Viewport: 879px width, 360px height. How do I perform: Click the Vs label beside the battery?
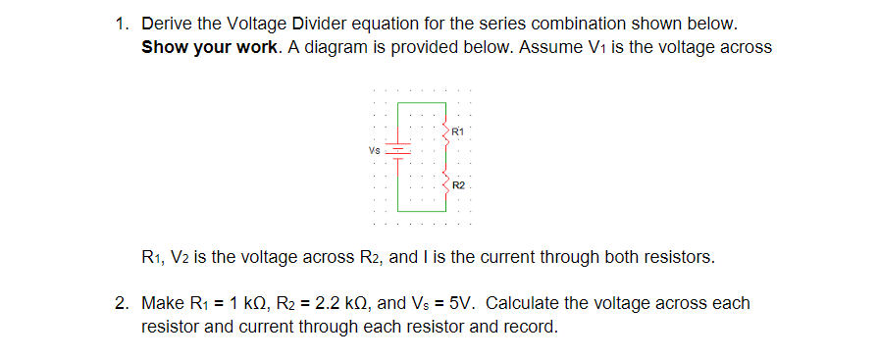[x=374, y=151]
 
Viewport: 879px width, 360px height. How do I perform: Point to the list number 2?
[x=121, y=302]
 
